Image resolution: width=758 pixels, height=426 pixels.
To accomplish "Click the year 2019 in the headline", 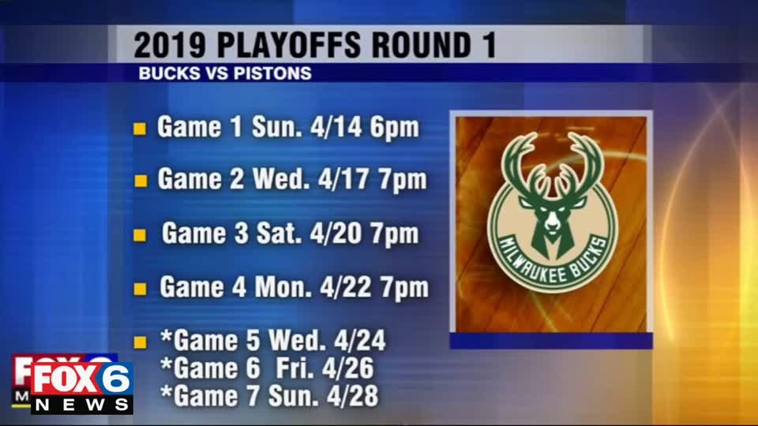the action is tap(170, 45).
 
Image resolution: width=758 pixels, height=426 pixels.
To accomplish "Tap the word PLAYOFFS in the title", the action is tap(289, 45).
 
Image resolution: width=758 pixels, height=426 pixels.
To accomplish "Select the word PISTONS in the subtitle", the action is tap(272, 73).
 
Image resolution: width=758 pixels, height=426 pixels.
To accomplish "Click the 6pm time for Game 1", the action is tap(395, 129).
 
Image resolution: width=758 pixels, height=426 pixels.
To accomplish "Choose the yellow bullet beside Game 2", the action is tap(141, 181).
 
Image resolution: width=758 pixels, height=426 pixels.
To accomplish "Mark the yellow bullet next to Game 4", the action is tap(141, 289).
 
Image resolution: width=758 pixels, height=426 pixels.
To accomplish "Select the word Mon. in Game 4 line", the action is tap(283, 287).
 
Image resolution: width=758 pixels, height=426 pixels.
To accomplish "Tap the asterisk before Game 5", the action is tap(167, 336).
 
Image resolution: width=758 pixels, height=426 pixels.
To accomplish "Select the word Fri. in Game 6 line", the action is tap(295, 368).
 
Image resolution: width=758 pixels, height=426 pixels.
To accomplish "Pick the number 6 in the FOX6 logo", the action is tap(117, 380).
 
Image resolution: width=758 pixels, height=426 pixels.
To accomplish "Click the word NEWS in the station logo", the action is tap(81, 405).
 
